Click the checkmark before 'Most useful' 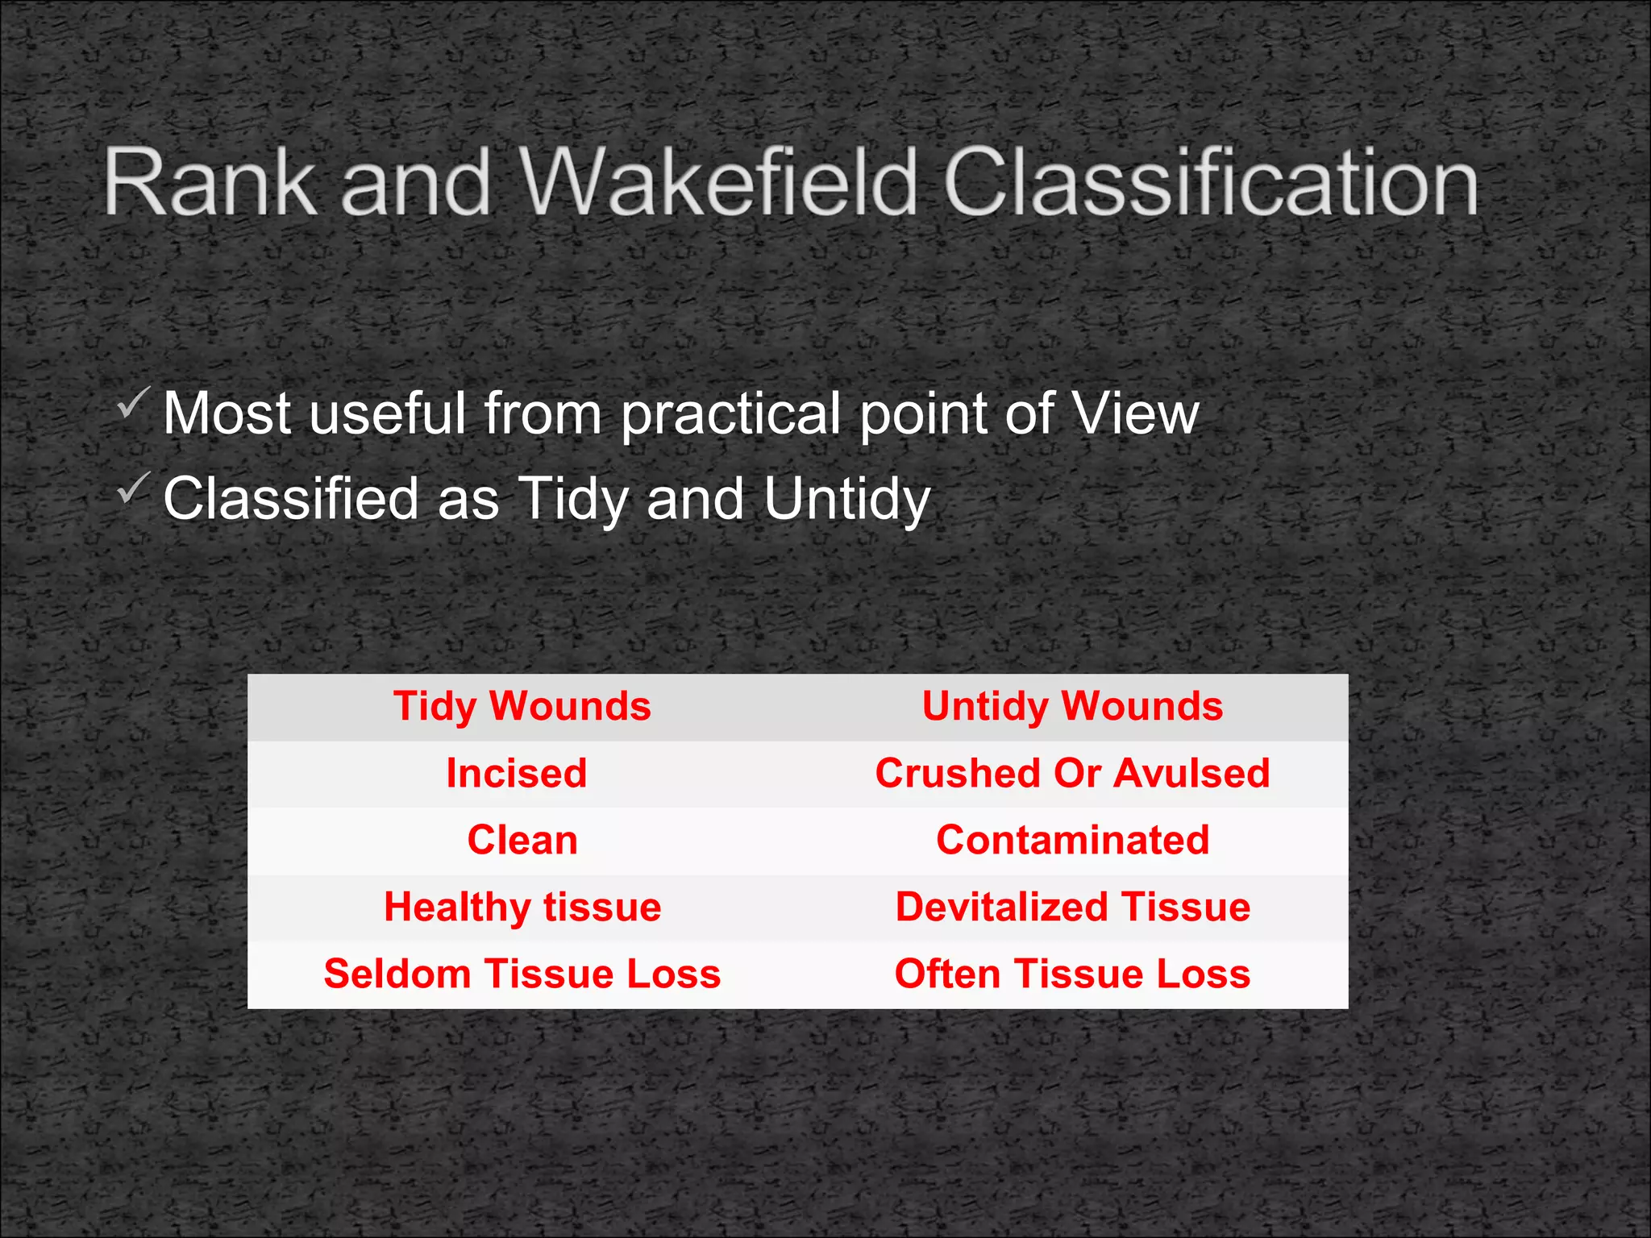click(x=133, y=402)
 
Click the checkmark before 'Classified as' click(x=133, y=488)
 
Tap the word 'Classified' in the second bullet click(x=291, y=498)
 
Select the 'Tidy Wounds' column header click(x=522, y=707)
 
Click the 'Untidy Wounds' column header click(x=1072, y=707)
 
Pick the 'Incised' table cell click(x=517, y=774)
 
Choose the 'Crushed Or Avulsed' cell click(x=1072, y=774)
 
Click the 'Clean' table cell click(x=522, y=841)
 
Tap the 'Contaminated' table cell click(x=1072, y=841)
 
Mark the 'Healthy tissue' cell click(x=522, y=908)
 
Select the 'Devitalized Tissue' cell click(x=1072, y=908)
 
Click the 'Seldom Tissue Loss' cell click(x=522, y=974)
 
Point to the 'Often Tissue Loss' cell click(x=1072, y=974)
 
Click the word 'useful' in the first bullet click(x=387, y=413)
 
